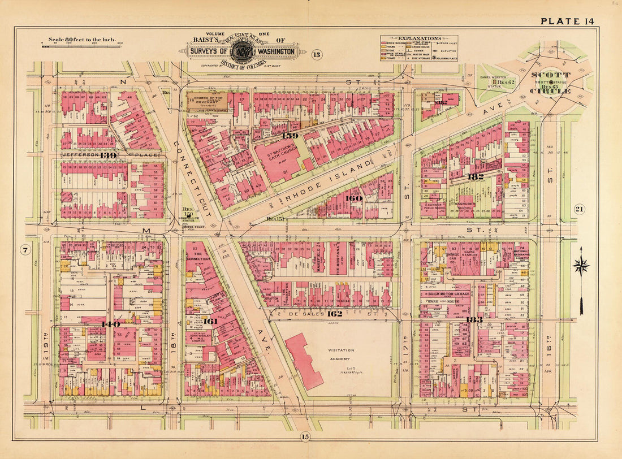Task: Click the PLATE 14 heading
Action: (x=567, y=21)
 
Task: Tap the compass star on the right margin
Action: (x=581, y=265)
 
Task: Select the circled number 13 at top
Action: (x=316, y=54)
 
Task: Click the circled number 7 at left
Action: (x=25, y=250)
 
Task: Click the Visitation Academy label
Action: (x=341, y=354)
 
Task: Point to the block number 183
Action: (x=473, y=320)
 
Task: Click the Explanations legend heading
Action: (x=419, y=39)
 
